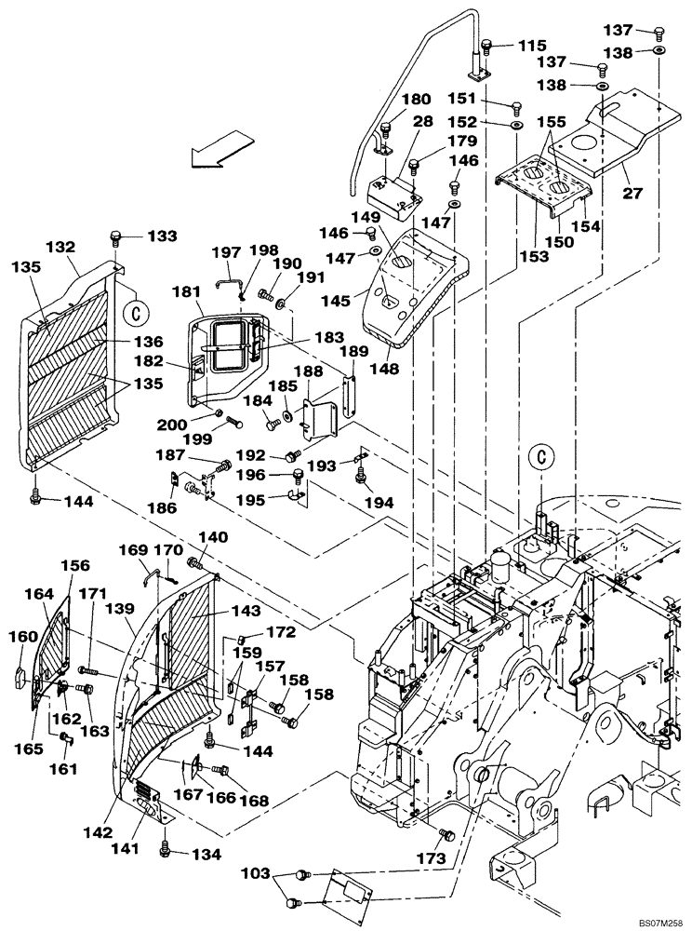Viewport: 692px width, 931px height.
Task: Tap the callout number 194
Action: (379, 502)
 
